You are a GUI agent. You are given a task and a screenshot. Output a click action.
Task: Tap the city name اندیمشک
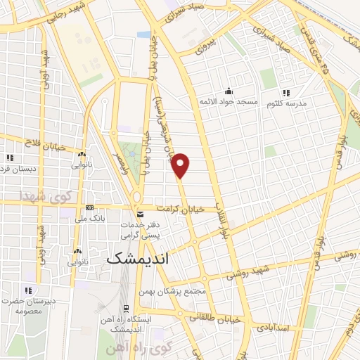pyautogui.click(x=139, y=259)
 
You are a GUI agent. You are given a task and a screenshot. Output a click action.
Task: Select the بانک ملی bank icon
pyautogui.click(x=89, y=208)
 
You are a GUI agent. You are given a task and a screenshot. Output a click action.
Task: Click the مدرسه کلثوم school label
pyautogui.click(x=286, y=104)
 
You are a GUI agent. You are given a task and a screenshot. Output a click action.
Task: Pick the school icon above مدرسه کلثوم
pyautogui.click(x=286, y=92)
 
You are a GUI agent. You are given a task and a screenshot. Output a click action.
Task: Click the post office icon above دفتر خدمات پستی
pyautogui.click(x=139, y=214)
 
